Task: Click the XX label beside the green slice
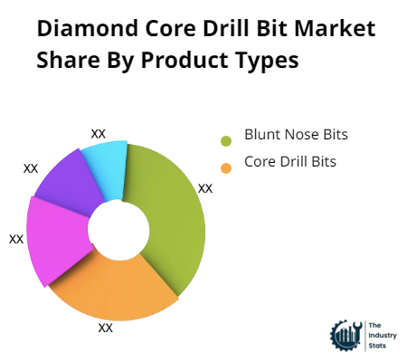click(x=205, y=188)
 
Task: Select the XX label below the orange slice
click(x=106, y=328)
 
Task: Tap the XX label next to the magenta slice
click(x=16, y=239)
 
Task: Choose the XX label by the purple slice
click(x=31, y=168)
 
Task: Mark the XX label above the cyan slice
click(x=99, y=133)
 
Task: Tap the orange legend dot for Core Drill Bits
click(x=226, y=167)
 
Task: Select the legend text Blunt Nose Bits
click(x=296, y=135)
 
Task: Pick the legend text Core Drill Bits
click(x=290, y=162)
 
